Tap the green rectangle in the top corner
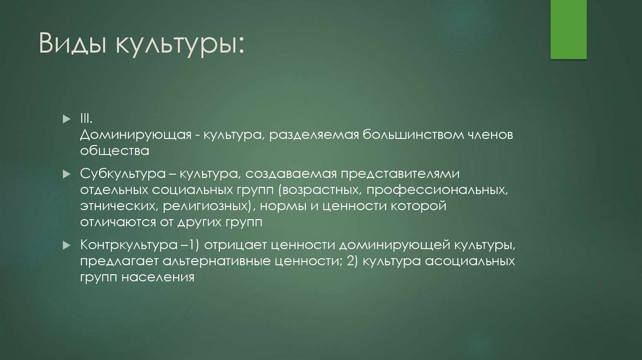click(568, 29)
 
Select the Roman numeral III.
click(86, 119)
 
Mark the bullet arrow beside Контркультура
click(66, 243)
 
